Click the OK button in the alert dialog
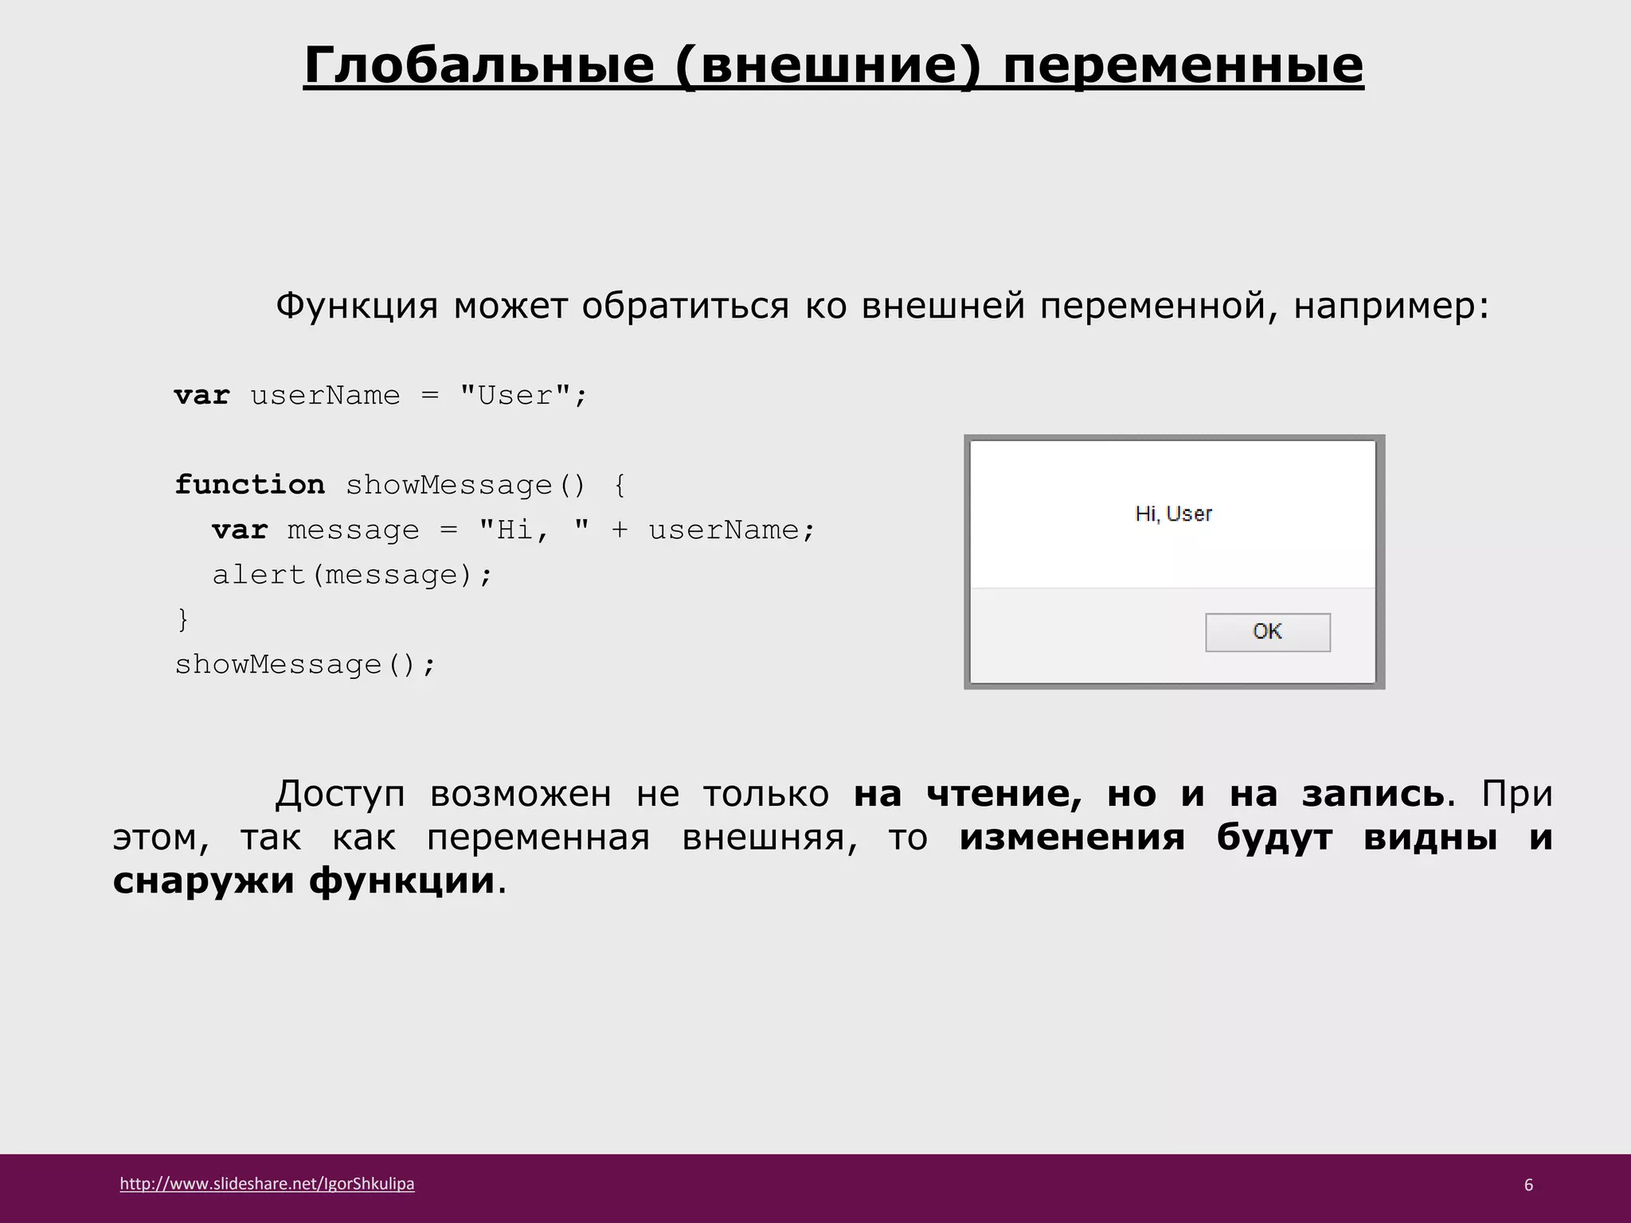tap(1267, 632)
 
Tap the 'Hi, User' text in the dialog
tap(1173, 514)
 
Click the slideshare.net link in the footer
tap(267, 1184)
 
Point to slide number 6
tap(1528, 1185)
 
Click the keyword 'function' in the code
tap(249, 485)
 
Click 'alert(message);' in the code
tap(353, 574)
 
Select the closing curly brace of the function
tap(183, 619)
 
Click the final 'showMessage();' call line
tap(305, 664)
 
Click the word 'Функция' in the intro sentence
tap(357, 306)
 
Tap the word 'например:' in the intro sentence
tap(1390, 306)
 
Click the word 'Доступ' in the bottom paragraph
tap(340, 794)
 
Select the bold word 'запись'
tap(1373, 794)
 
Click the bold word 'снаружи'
tap(204, 881)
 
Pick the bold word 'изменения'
tap(1072, 838)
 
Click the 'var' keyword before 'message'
tap(240, 529)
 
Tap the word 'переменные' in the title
tap(1183, 65)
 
